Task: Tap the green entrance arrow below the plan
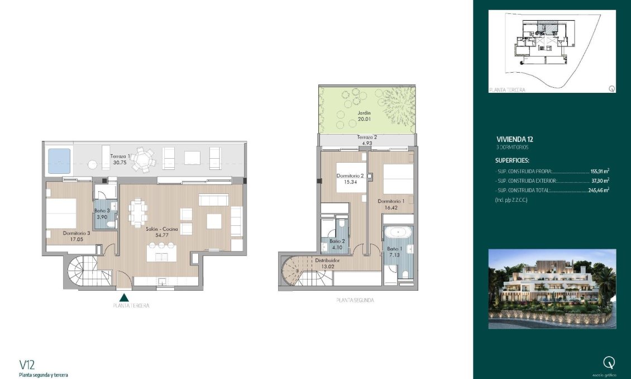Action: pos(125,297)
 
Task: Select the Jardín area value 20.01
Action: pos(364,119)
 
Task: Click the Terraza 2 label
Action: pos(367,137)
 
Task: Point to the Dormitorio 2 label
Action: pos(350,176)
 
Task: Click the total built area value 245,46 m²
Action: pos(597,190)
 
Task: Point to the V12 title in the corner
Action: pos(27,365)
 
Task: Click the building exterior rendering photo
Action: pos(552,288)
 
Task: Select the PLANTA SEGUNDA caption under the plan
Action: pos(355,300)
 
